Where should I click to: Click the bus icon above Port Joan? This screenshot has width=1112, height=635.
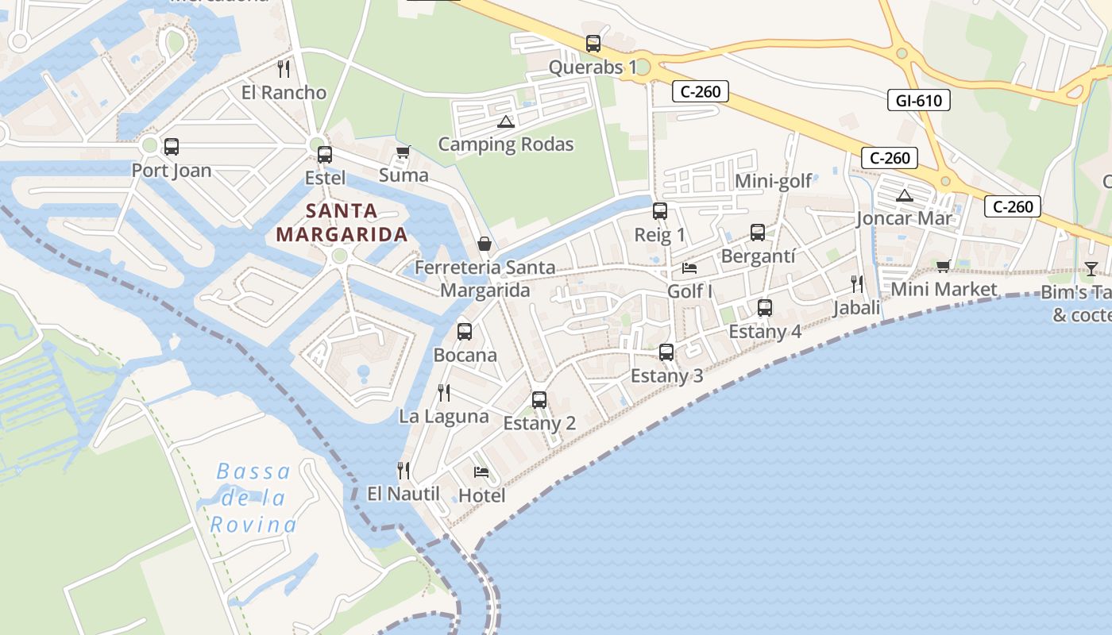pyautogui.click(x=171, y=147)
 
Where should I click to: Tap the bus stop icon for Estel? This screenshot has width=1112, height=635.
pyautogui.click(x=324, y=155)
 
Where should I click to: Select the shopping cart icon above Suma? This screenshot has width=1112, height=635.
pyautogui.click(x=403, y=152)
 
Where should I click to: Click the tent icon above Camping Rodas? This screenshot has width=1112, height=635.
pyautogui.click(x=505, y=121)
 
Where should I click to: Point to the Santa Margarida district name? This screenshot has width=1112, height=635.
pyautogui.click(x=342, y=223)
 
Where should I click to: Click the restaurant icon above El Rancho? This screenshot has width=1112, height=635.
pyautogui.click(x=284, y=69)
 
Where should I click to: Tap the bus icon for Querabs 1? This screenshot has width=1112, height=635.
pyautogui.click(x=593, y=44)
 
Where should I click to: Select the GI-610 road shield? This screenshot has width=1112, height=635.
pyautogui.click(x=918, y=100)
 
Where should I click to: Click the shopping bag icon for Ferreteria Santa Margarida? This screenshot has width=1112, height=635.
pyautogui.click(x=484, y=244)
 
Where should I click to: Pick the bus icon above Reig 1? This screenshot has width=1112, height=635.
pyautogui.click(x=659, y=211)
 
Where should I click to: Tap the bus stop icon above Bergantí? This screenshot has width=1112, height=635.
pyautogui.click(x=758, y=233)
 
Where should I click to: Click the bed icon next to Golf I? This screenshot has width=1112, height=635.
pyautogui.click(x=689, y=268)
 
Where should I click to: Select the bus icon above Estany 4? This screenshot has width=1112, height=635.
pyautogui.click(x=764, y=308)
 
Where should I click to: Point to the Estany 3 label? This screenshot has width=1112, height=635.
pyautogui.click(x=666, y=375)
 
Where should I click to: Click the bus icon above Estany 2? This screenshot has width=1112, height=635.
pyautogui.click(x=539, y=400)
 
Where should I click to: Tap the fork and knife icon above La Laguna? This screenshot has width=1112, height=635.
pyautogui.click(x=444, y=393)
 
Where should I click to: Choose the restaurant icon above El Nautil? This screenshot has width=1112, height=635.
pyautogui.click(x=403, y=471)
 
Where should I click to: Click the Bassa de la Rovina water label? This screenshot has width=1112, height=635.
pyautogui.click(x=253, y=498)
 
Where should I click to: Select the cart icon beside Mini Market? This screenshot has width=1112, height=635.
pyautogui.click(x=943, y=266)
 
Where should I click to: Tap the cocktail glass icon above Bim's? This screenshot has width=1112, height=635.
pyautogui.click(x=1091, y=268)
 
